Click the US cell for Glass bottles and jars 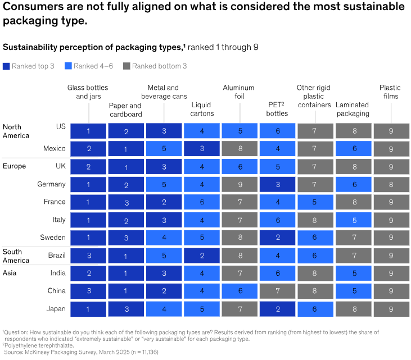[x=88, y=131]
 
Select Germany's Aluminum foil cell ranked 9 [x=240, y=184]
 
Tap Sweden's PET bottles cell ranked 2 [x=278, y=238]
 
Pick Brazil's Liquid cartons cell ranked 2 [x=202, y=256]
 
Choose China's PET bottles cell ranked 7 [x=278, y=291]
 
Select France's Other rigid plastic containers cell [x=315, y=202]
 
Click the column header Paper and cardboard [x=126, y=110]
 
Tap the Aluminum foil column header [x=238, y=92]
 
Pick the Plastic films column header [x=390, y=92]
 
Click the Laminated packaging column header [x=353, y=109]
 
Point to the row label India [x=58, y=273]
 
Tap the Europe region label [x=14, y=166]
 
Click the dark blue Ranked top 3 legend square [x=6, y=66]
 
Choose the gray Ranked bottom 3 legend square [x=127, y=66]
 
